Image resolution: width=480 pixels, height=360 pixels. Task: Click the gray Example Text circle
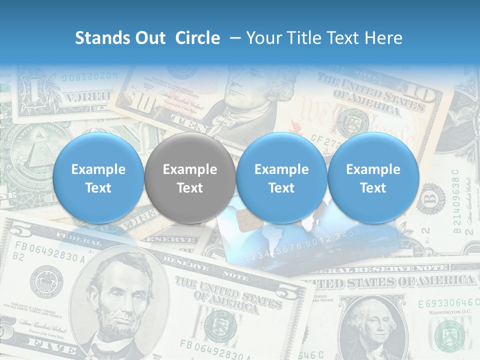190,178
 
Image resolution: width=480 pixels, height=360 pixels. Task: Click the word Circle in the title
197,38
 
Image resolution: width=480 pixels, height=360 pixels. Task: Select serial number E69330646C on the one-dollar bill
445,303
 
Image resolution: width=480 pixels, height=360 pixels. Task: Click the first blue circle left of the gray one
98,178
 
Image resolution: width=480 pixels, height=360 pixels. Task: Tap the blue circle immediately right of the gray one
281,178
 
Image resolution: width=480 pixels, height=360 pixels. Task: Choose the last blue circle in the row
373,178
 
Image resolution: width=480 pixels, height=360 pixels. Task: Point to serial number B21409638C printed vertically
456,200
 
